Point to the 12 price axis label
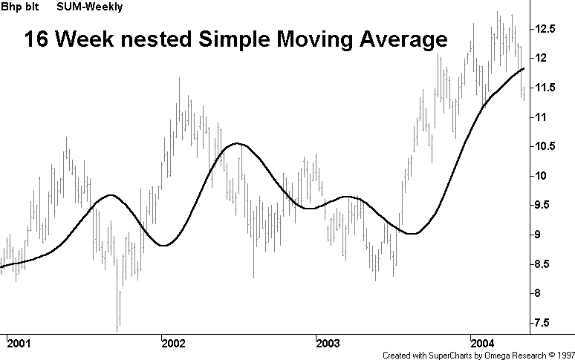[546, 58]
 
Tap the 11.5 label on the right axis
[551, 88]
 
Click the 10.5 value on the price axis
[551, 146]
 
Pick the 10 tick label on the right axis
[546, 176]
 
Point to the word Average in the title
[399, 40]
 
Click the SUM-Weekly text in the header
[90, 7]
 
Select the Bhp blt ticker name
[20, 7]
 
